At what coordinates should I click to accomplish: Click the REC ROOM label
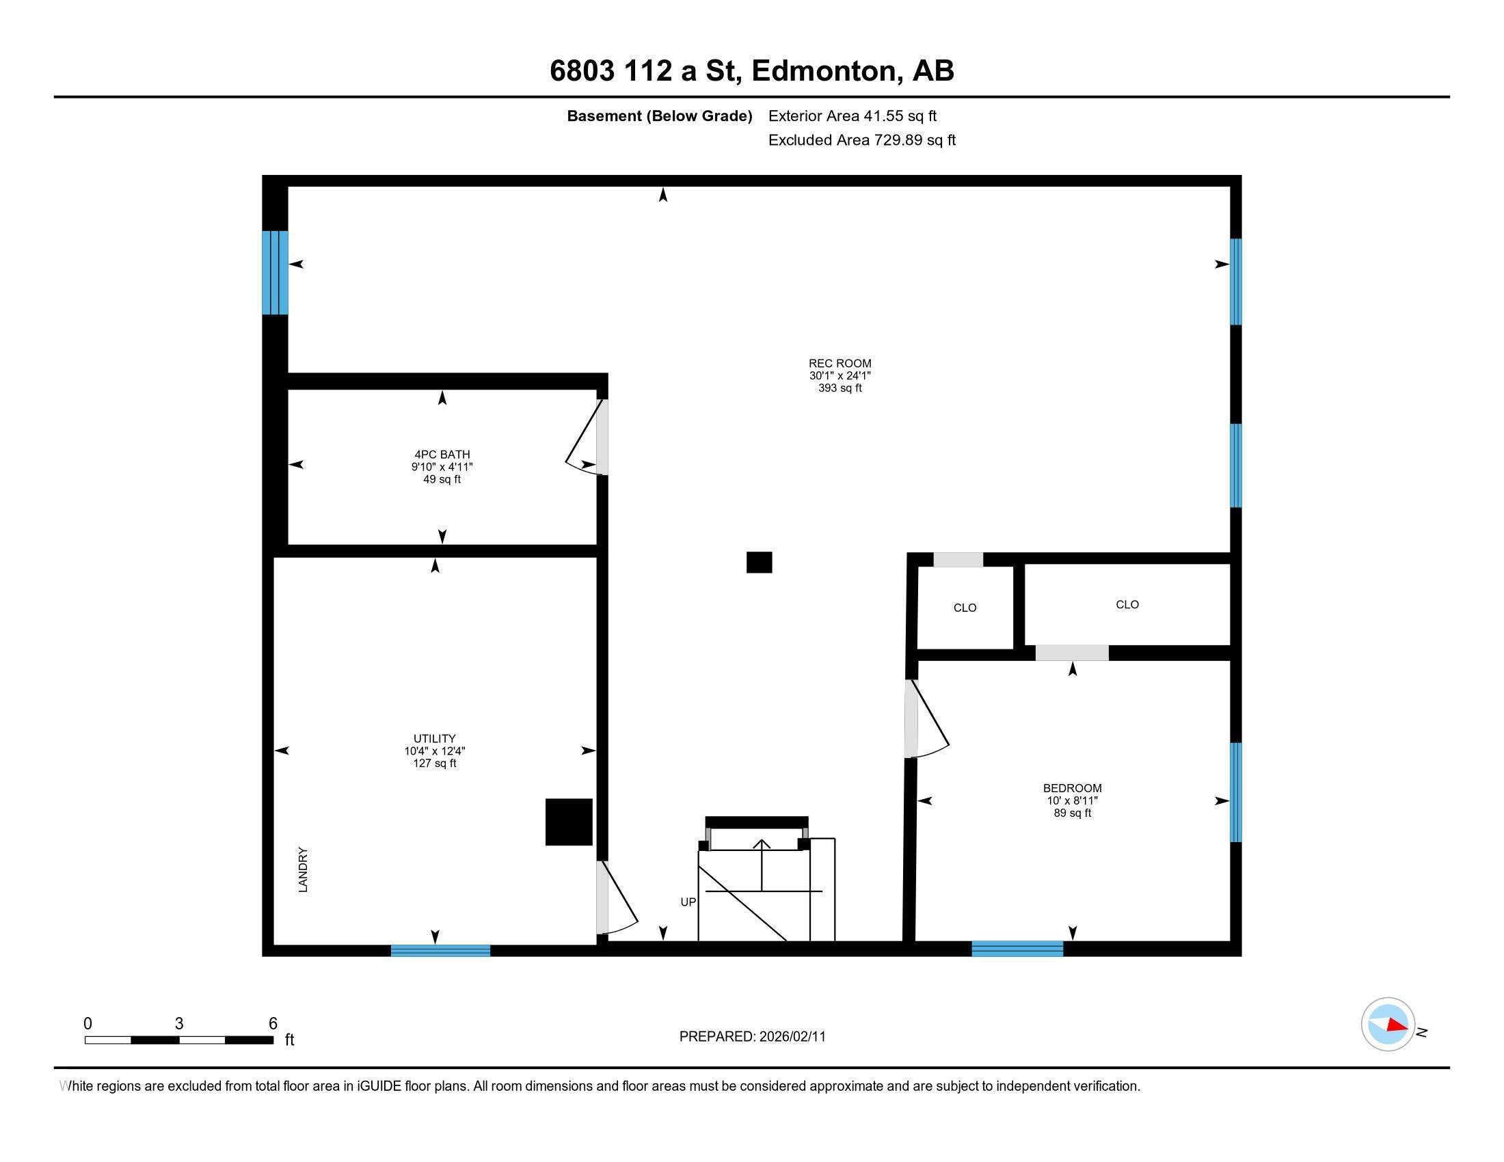840,364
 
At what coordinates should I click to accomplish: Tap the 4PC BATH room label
442,455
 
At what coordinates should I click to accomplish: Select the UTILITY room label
435,739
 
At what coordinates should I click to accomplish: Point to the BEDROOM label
1072,788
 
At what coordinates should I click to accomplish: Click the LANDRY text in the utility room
303,870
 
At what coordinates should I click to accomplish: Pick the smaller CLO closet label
965,608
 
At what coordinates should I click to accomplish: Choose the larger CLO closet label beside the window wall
1127,604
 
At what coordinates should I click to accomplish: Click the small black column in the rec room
759,563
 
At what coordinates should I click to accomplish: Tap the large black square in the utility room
569,822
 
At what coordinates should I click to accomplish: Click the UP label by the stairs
688,902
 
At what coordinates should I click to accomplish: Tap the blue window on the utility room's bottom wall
441,951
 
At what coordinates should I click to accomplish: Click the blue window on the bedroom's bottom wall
1017,949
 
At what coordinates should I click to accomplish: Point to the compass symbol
1388,1025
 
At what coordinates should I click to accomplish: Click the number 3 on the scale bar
179,1024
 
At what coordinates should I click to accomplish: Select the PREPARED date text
752,1037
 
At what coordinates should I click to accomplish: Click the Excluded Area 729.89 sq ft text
861,140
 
